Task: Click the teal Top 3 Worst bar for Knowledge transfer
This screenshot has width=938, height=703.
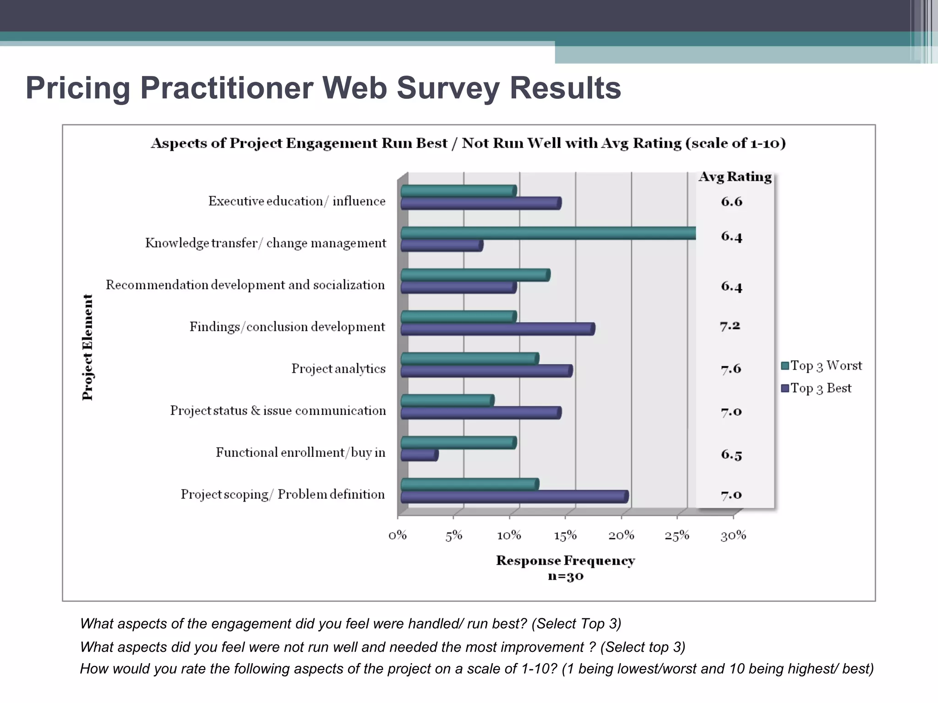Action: pos(548,233)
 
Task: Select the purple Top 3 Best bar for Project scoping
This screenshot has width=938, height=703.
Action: pos(514,497)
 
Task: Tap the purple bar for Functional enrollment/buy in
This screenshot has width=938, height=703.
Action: pos(419,455)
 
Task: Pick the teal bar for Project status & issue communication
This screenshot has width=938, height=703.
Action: pos(447,401)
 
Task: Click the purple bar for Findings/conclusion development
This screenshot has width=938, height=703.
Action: pos(497,329)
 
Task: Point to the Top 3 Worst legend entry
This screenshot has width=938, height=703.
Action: pos(821,366)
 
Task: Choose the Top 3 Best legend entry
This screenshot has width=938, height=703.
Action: pos(816,388)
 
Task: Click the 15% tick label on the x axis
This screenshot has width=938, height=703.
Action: pos(565,535)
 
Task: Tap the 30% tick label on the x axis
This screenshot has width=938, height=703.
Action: pos(733,535)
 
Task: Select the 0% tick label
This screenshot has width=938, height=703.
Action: pos(398,535)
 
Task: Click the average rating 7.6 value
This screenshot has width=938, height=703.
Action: pos(731,369)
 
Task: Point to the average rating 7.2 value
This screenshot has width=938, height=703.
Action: pos(730,326)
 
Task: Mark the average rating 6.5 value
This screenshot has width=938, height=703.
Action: pos(731,454)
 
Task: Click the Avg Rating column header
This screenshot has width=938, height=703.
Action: pos(735,177)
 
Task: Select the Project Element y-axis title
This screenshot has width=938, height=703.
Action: pos(87,347)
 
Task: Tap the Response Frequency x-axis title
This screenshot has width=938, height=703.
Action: pos(565,561)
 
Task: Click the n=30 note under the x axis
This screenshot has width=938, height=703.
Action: pos(566,576)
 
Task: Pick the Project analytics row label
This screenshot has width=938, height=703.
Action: pos(338,369)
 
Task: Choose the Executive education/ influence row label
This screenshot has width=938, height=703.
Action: pos(297,201)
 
